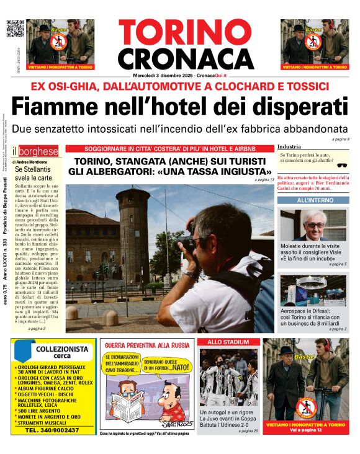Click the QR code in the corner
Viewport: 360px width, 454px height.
coord(14,29)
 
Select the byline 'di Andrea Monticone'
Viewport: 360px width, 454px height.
coord(30,161)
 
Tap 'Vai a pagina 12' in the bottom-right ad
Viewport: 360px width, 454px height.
coord(310,429)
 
